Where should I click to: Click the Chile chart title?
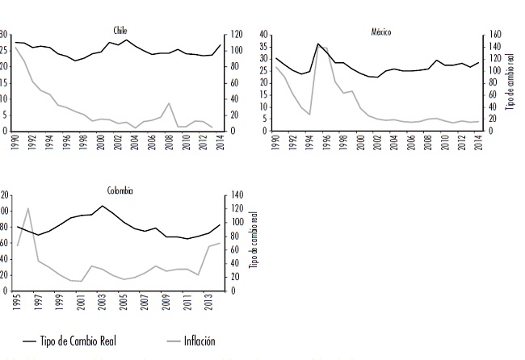click(x=120, y=30)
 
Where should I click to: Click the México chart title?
click(x=380, y=30)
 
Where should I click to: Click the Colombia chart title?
click(x=120, y=190)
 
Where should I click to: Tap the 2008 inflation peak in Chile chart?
click(x=168, y=103)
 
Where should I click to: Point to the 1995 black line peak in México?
click(x=318, y=44)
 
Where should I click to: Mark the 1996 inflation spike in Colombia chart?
click(x=28, y=208)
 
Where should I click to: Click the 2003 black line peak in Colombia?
click(x=102, y=205)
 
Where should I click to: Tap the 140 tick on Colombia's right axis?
click(x=235, y=195)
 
